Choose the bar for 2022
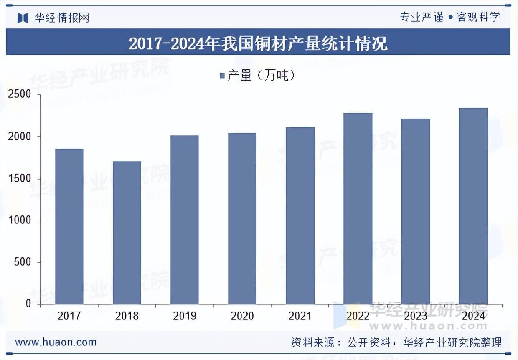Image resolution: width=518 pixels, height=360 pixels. click(x=358, y=208)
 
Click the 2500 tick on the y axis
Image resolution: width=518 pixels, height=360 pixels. click(x=20, y=94)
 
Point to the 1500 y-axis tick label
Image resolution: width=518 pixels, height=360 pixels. click(x=20, y=178)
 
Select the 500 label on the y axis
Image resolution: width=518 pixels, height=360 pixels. click(x=23, y=262)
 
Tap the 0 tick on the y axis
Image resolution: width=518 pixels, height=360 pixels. click(x=28, y=304)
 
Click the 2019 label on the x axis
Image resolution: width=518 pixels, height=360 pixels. click(x=185, y=316)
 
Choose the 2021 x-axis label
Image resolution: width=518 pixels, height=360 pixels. click(x=300, y=316)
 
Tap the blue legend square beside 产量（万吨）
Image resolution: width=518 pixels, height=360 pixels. click(x=222, y=76)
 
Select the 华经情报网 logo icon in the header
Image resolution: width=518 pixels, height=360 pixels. click(x=23, y=18)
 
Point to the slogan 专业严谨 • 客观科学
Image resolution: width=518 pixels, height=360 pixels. click(x=449, y=17)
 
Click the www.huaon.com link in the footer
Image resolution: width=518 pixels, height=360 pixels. click(x=56, y=342)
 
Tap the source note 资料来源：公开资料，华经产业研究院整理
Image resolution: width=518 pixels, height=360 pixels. click(x=396, y=343)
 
